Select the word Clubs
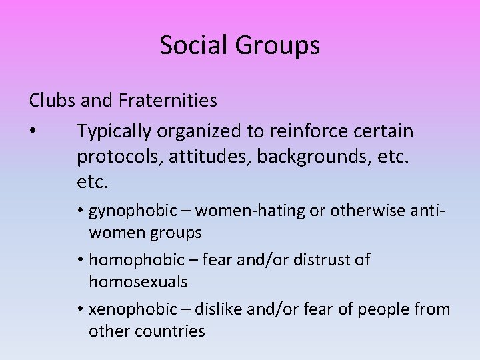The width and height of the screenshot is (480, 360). tap(51, 101)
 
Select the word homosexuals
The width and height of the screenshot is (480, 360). tap(138, 282)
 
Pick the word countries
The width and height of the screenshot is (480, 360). tap(171, 331)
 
